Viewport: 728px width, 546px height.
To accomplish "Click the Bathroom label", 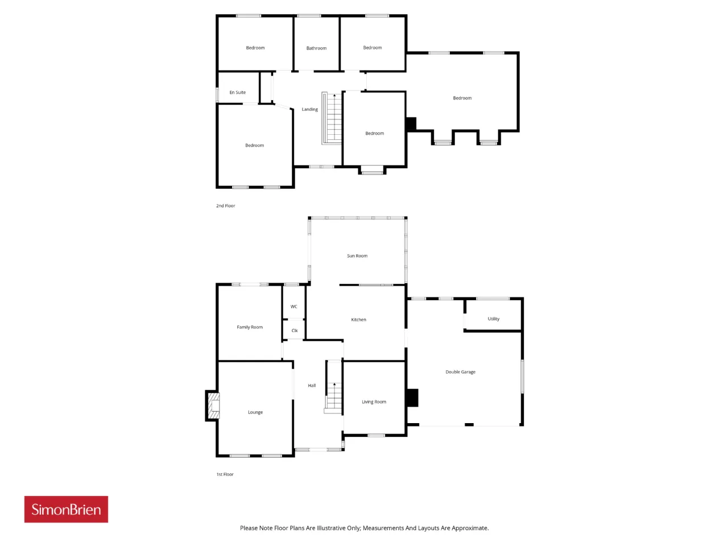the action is (316, 48).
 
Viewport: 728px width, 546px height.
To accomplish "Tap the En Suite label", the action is (238, 92).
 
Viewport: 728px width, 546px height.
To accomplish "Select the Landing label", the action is (309, 109).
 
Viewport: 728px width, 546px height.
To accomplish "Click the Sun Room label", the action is (357, 255).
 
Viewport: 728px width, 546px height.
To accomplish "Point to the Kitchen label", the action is (358, 320).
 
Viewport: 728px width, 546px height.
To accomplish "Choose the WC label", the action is (293, 307).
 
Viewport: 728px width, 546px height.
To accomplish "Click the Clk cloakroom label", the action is (294, 330).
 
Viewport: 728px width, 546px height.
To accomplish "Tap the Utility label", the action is (493, 318).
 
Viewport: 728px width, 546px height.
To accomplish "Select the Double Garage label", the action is (460, 372).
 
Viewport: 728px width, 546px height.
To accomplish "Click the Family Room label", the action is (250, 327).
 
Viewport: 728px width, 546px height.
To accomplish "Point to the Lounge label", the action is (255, 412).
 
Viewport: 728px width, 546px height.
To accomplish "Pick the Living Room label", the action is (374, 402).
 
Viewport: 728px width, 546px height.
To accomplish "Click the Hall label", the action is (312, 385).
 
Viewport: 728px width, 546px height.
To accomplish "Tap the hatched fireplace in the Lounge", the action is (213, 406).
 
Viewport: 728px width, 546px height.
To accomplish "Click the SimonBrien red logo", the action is (66, 509).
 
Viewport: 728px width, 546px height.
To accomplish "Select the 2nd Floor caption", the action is (226, 205).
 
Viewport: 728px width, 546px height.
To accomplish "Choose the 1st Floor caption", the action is (225, 474).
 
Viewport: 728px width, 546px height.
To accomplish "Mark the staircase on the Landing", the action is (332, 118).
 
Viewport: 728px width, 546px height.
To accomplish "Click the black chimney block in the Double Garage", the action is (412, 398).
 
